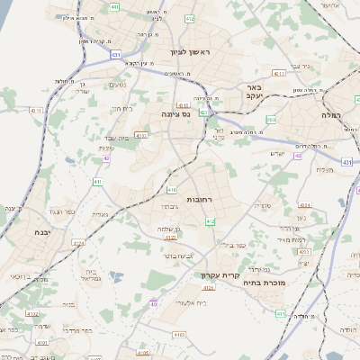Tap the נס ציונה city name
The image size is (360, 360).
click(175, 114)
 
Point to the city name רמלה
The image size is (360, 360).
click(333, 115)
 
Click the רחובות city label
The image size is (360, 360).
click(197, 199)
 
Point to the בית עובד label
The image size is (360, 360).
click(131, 138)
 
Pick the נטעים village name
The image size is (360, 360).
click(117, 85)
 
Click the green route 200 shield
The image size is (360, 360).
click(271, 119)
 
